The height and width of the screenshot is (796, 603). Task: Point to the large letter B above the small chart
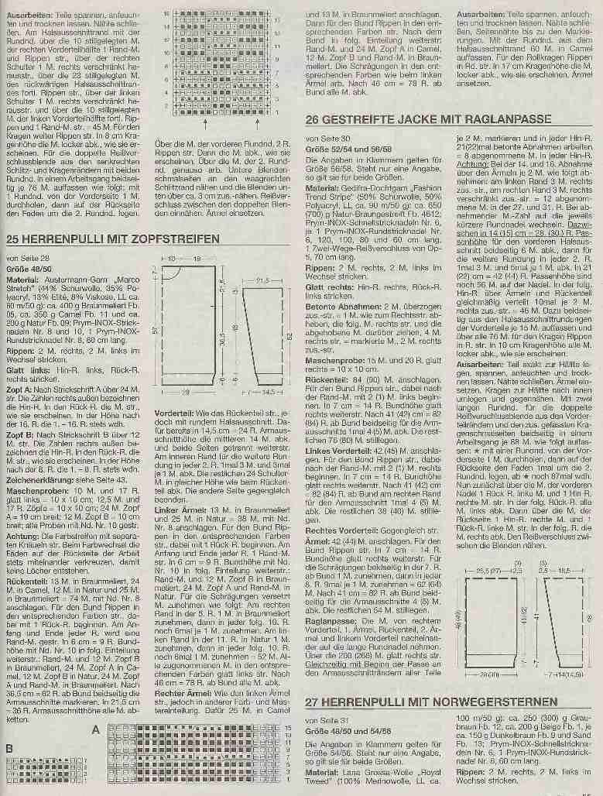pyautogui.click(x=9, y=748)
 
